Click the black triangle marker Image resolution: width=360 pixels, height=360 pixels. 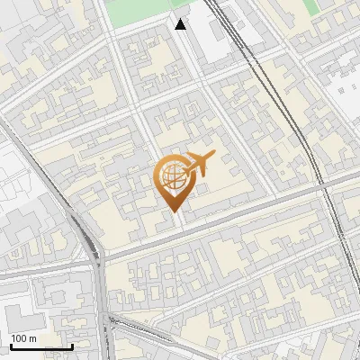181,24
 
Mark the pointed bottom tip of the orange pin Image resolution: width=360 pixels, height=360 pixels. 173,211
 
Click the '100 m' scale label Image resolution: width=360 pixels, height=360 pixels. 24,338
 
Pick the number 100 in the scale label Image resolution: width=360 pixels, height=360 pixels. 20,338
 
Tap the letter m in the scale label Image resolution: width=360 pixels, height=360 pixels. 34,338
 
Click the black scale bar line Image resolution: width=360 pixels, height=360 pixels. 40,346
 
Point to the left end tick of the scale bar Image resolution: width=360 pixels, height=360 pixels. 10,345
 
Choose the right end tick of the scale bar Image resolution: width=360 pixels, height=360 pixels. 72,345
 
